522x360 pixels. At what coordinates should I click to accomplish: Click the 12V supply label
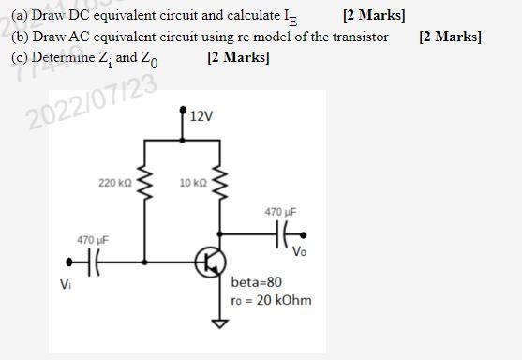pyautogui.click(x=201, y=117)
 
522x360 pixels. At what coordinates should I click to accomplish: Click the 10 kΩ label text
pyautogui.click(x=191, y=181)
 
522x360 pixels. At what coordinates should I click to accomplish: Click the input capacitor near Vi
pyautogui.click(x=90, y=262)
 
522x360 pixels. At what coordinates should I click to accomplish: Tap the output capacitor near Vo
pyautogui.click(x=282, y=232)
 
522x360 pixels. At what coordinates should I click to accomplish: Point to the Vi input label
pyautogui.click(x=65, y=284)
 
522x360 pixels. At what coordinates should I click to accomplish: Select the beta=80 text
pyautogui.click(x=255, y=281)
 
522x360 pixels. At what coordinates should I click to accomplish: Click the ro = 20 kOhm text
pyautogui.click(x=271, y=300)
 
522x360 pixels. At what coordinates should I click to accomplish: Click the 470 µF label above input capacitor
pyautogui.click(x=93, y=240)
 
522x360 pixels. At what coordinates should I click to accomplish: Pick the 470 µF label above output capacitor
pyautogui.click(x=281, y=212)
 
